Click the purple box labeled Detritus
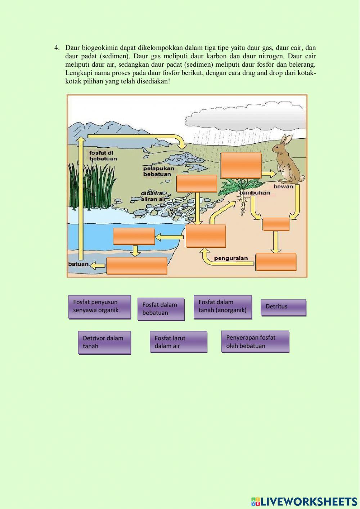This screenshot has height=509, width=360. (283, 307)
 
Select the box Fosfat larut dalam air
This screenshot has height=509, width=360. (178, 342)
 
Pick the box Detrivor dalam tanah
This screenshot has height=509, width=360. (104, 343)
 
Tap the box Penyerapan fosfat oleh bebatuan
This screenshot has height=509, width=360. (255, 341)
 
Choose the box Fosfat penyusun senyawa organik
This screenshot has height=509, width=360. (99, 307)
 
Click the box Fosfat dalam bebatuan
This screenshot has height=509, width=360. (161, 309)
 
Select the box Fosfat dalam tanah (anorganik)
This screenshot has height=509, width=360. (222, 307)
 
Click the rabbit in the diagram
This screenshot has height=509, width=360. (287, 159)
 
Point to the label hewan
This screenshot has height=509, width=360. (283, 187)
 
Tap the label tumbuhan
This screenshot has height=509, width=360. (255, 193)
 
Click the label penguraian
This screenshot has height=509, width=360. (231, 258)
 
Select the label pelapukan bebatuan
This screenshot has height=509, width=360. (158, 171)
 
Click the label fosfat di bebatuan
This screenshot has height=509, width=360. (103, 156)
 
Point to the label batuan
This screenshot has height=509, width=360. (78, 264)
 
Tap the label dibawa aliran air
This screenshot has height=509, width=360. (153, 196)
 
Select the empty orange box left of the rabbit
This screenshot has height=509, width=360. (241, 165)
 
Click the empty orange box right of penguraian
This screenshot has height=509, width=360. (276, 262)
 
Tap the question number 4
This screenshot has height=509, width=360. (57, 48)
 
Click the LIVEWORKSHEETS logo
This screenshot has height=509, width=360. (304, 501)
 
